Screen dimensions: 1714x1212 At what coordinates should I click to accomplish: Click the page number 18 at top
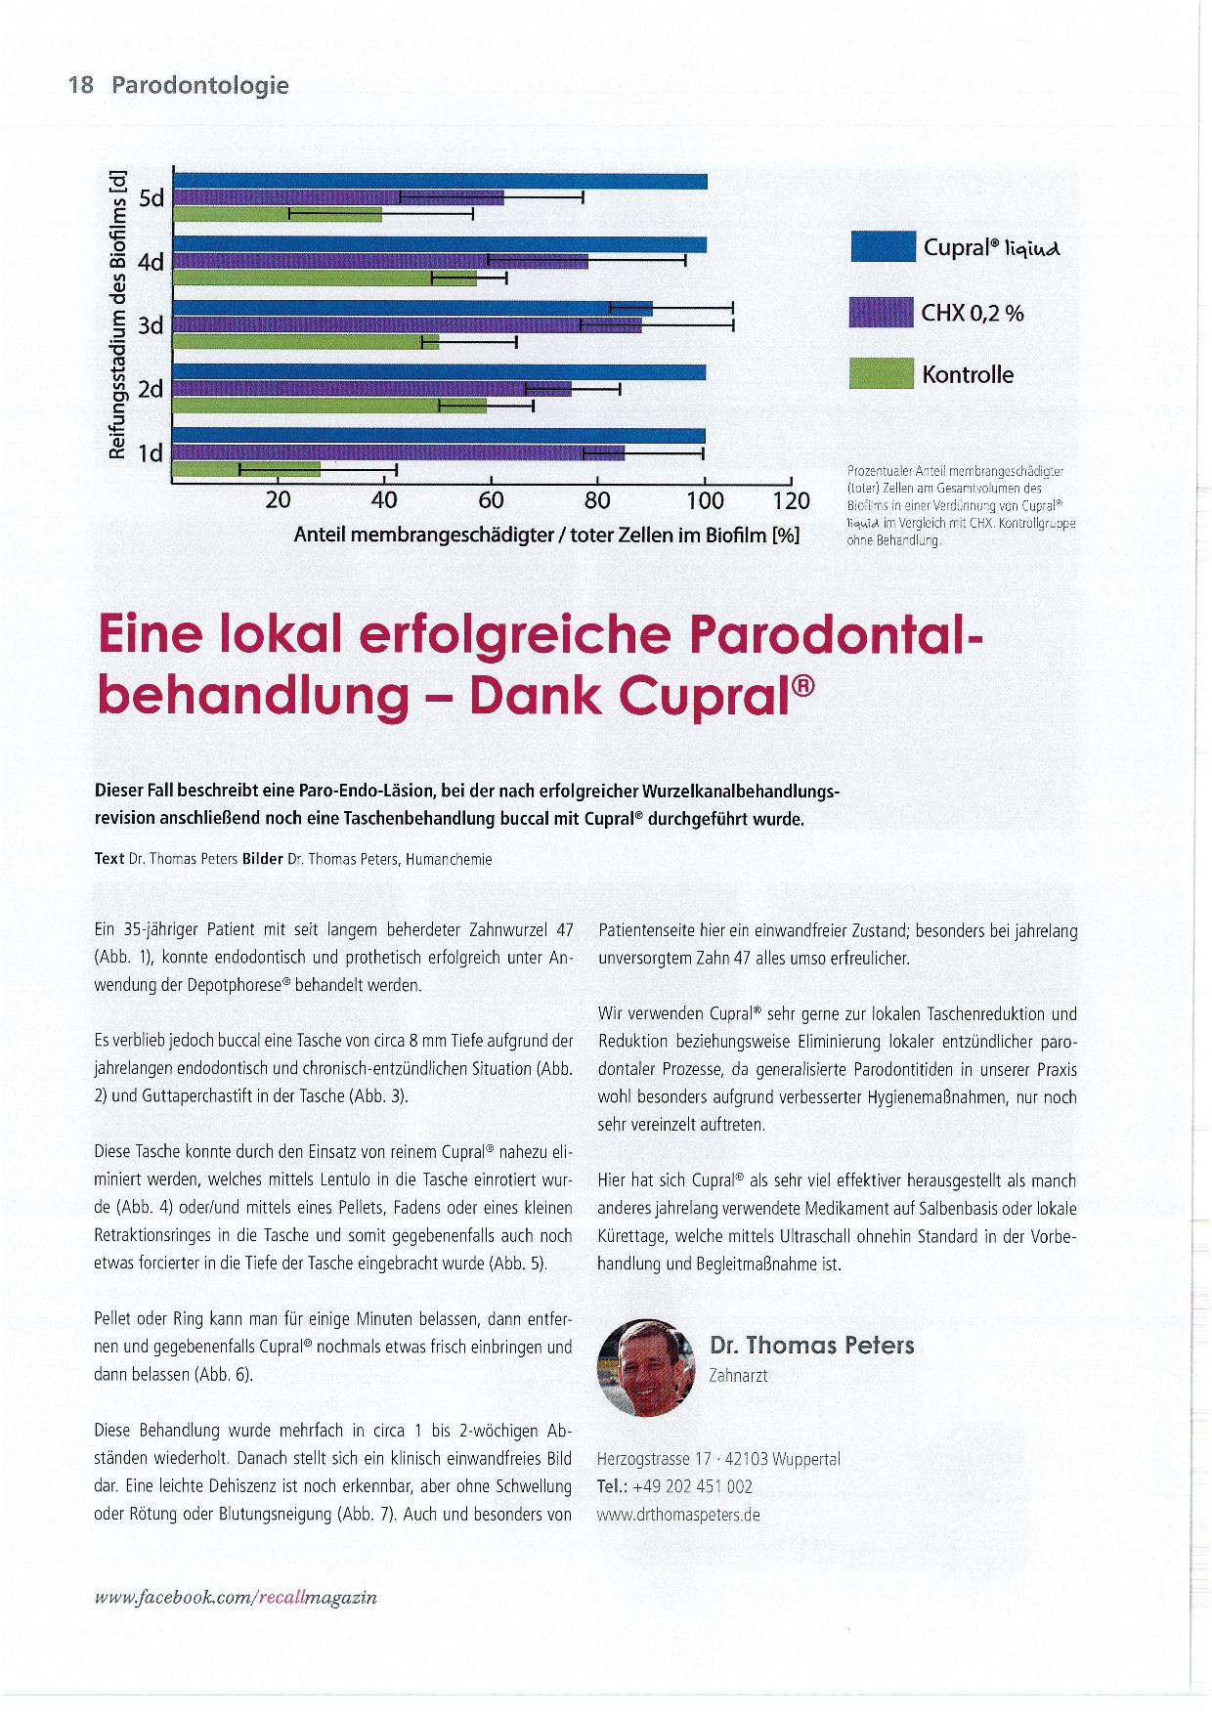tap(80, 85)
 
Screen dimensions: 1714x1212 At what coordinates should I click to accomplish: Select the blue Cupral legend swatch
tap(882, 246)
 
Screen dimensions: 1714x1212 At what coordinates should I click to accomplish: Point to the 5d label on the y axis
tap(151, 198)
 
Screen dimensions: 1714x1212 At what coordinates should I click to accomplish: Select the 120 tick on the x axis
tap(791, 501)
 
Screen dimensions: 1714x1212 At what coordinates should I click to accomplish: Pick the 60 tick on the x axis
tap(491, 501)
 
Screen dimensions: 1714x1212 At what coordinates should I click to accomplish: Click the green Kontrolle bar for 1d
tap(246, 469)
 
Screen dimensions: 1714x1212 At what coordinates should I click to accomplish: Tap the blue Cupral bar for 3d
tap(411, 309)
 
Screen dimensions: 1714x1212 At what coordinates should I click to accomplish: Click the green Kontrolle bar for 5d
tap(278, 214)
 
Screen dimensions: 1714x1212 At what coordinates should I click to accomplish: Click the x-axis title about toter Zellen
tap(546, 536)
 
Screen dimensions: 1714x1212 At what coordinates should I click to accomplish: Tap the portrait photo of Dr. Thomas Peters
tap(647, 1367)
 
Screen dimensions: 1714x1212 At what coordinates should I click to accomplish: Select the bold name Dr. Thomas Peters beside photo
tap(811, 1346)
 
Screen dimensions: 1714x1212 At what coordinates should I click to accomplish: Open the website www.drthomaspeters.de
tap(678, 1515)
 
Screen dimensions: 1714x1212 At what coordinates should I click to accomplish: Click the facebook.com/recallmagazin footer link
tap(235, 1598)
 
